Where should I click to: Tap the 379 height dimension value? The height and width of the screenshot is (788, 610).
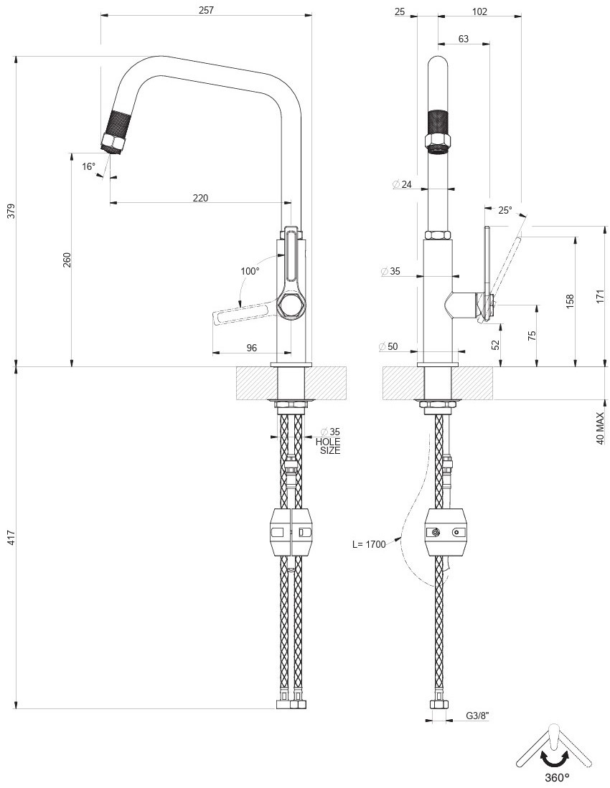10,212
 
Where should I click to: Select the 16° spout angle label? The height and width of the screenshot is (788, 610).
88,166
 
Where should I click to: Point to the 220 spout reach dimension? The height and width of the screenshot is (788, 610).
200,198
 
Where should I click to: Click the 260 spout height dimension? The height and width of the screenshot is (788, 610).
67,260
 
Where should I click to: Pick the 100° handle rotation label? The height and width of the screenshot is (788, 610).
250,271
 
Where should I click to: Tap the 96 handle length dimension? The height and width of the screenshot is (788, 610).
252,348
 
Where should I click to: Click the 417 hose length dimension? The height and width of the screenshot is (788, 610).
10,538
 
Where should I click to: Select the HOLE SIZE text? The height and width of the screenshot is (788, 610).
328,446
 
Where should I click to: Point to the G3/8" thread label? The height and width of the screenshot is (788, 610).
477,716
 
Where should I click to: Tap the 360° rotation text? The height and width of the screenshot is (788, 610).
556,777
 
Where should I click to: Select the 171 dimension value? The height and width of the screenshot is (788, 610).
600,297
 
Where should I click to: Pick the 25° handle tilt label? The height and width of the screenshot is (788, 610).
505,210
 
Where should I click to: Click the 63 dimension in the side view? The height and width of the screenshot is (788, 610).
463,39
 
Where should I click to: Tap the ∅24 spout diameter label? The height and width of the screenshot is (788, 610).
402,185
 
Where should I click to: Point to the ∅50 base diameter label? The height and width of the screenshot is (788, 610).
388,347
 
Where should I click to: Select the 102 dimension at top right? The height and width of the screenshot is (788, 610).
480,11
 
